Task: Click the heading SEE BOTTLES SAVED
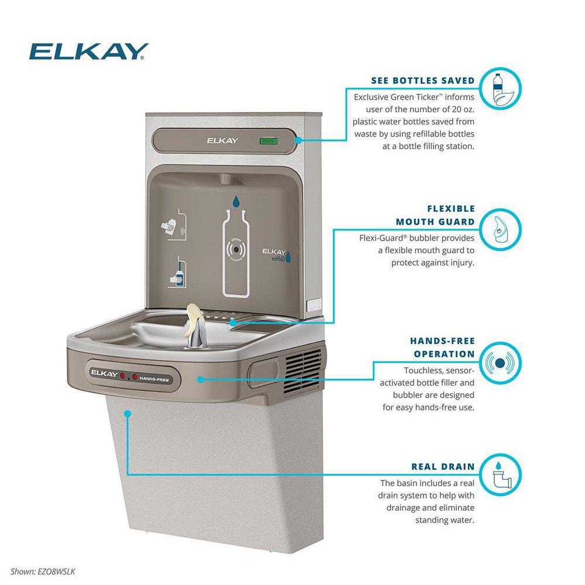tap(422, 80)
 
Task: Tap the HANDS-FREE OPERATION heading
tap(442, 347)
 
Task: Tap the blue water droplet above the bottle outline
tap(235, 201)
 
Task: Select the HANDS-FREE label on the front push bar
tap(158, 377)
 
